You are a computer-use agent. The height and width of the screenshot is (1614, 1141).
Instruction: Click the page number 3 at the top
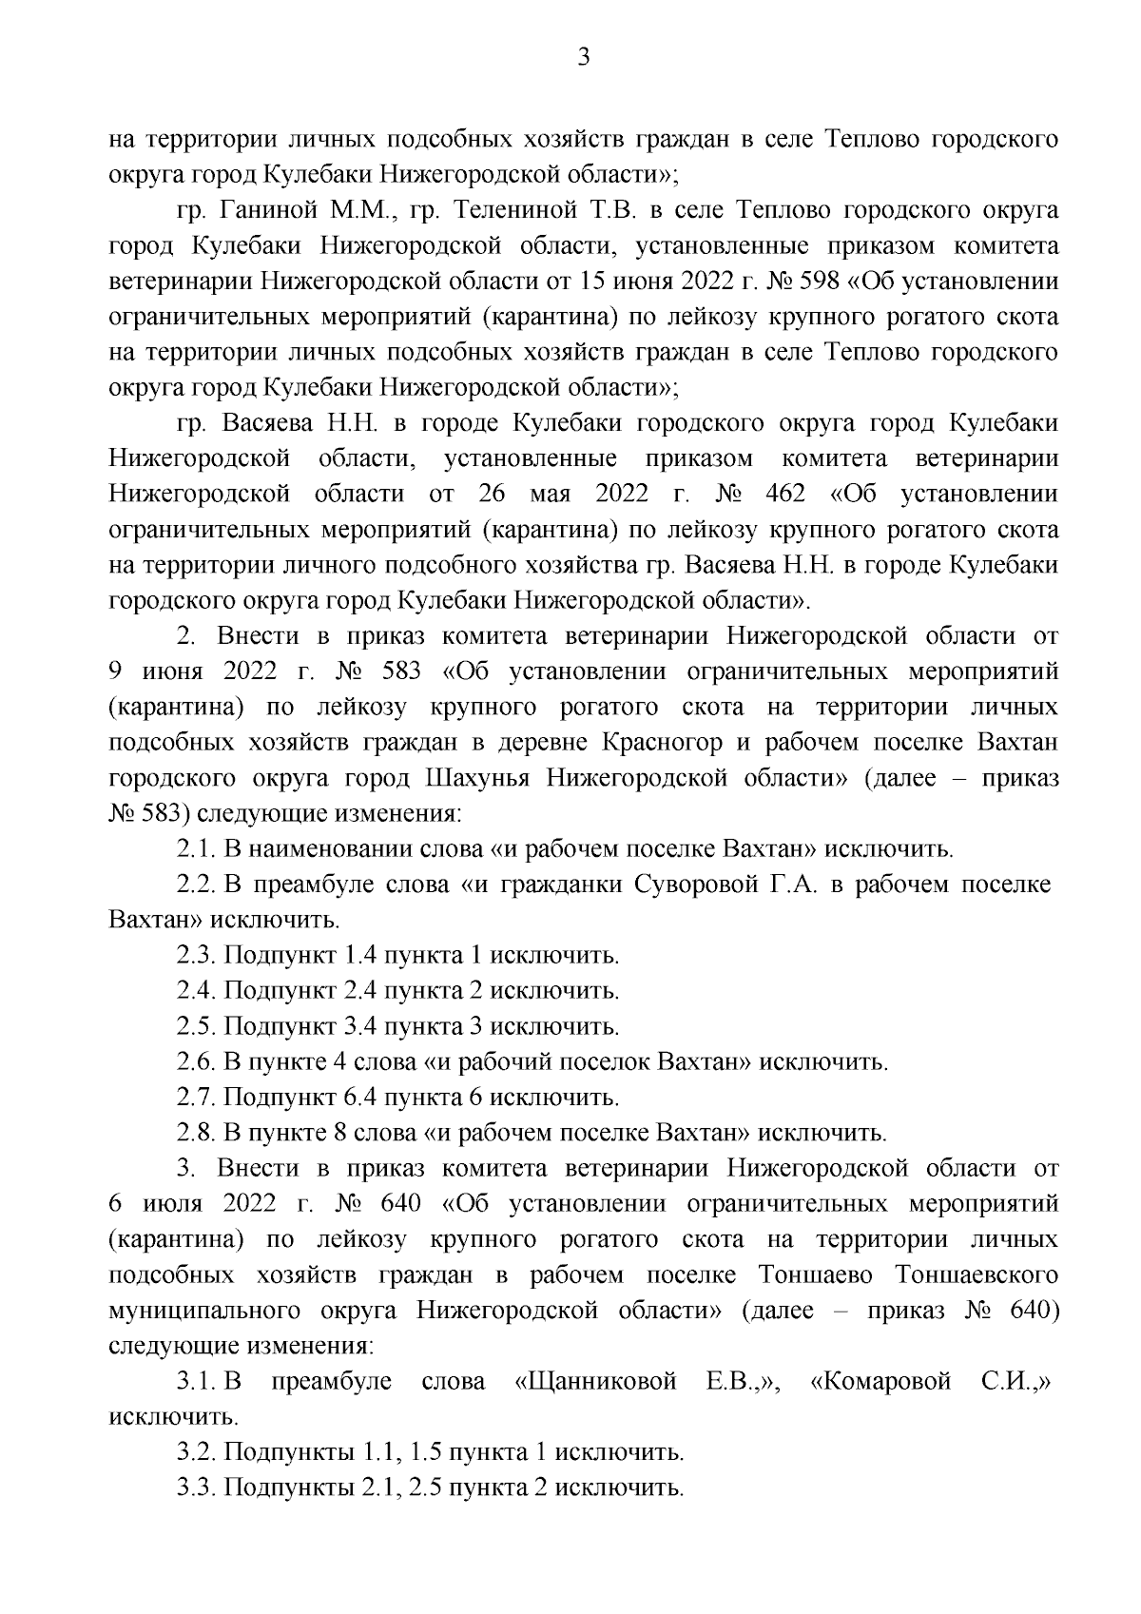584,58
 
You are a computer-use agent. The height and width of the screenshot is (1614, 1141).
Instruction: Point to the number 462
778,495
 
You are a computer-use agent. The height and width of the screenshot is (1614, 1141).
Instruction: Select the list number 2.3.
196,956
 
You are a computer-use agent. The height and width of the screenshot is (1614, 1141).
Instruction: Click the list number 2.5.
196,1027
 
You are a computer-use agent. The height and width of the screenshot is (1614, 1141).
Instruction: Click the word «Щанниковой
595,1381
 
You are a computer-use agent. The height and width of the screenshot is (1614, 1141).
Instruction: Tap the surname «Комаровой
880,1381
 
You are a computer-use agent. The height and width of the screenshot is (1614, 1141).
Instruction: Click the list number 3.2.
196,1452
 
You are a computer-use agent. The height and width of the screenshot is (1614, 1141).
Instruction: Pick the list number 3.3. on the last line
196,1488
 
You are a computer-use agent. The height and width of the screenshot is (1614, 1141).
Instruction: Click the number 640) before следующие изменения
1031,1310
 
